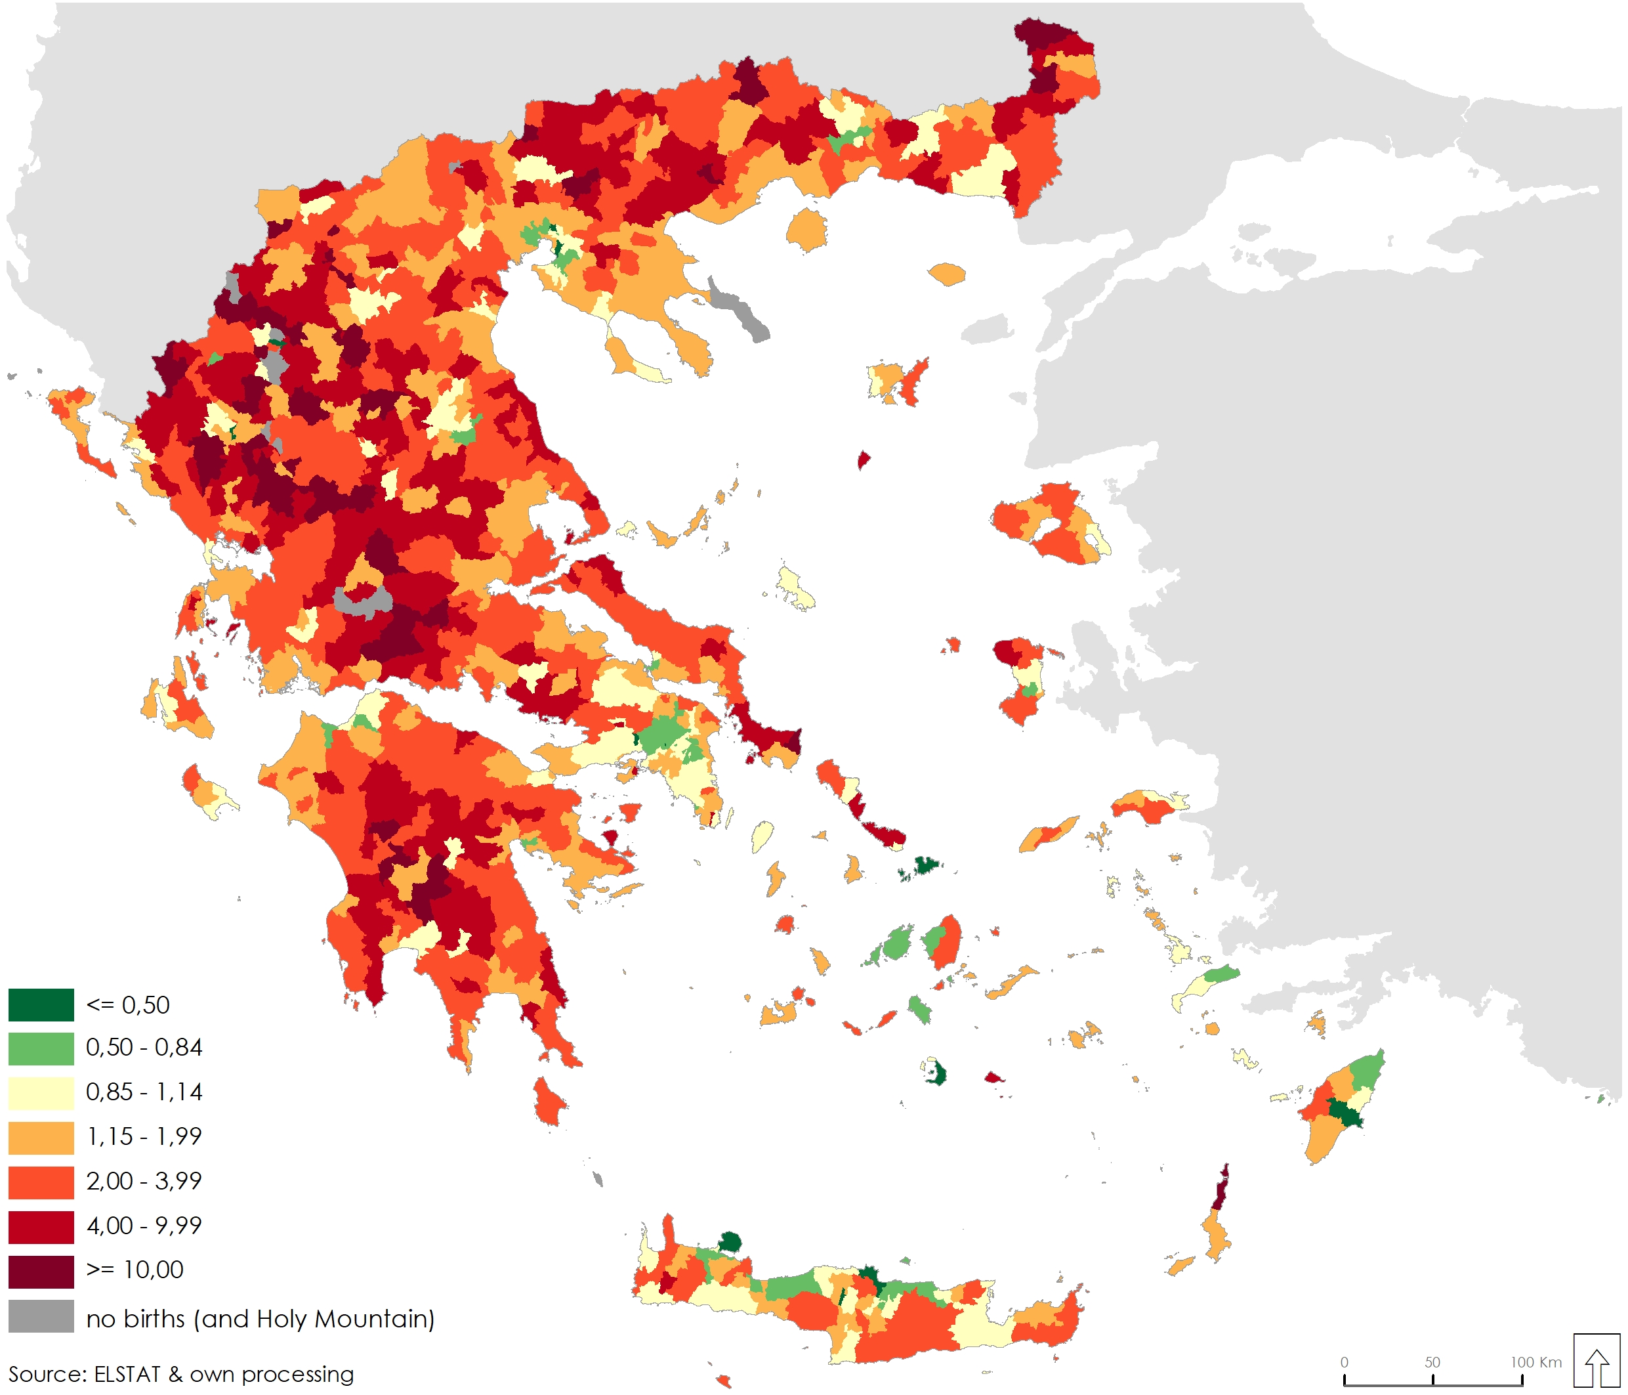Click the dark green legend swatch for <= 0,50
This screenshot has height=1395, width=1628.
tap(41, 1005)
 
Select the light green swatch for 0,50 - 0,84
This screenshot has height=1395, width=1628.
tap(41, 1048)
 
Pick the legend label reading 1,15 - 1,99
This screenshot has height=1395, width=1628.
tap(144, 1136)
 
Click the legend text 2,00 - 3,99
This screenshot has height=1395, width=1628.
tap(144, 1181)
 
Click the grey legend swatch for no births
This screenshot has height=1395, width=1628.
tap(41, 1317)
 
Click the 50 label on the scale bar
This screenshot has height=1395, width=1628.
tap(1432, 1362)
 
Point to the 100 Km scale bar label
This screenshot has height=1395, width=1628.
tap(1535, 1362)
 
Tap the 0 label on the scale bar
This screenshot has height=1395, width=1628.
tap(1345, 1362)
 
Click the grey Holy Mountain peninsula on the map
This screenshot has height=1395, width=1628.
tap(739, 308)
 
